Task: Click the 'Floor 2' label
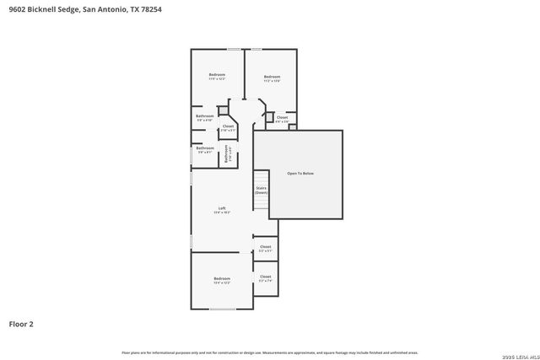[x=21, y=323]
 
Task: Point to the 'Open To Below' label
[x=300, y=173]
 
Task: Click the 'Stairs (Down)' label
[x=261, y=191]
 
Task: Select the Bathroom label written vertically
[x=227, y=153]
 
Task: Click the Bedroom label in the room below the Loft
[x=222, y=279]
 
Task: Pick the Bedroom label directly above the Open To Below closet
[x=271, y=78]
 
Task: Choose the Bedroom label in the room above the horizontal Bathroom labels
[x=217, y=76]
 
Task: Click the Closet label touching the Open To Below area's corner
[x=282, y=118]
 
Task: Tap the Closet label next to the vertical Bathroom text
[x=228, y=127]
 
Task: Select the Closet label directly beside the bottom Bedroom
[x=265, y=277]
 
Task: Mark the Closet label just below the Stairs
[x=265, y=248]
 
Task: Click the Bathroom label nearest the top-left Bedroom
[x=204, y=117]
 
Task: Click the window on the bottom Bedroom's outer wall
[x=223, y=309]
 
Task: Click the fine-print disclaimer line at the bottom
[x=270, y=352]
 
